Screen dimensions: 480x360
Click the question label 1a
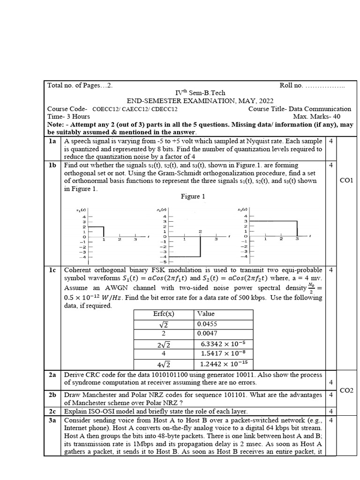(52, 141)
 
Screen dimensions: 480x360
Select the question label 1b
(52, 165)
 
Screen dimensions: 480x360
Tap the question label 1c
(52, 270)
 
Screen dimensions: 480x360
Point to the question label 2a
(52, 375)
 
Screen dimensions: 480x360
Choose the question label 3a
(52, 420)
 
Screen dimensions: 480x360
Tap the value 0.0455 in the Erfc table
(207, 323)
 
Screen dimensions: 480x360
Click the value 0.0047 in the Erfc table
(207, 334)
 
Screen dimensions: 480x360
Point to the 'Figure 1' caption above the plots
(193, 197)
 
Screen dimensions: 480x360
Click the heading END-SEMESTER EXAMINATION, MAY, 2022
(200, 101)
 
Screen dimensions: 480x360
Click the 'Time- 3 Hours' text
(69, 116)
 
